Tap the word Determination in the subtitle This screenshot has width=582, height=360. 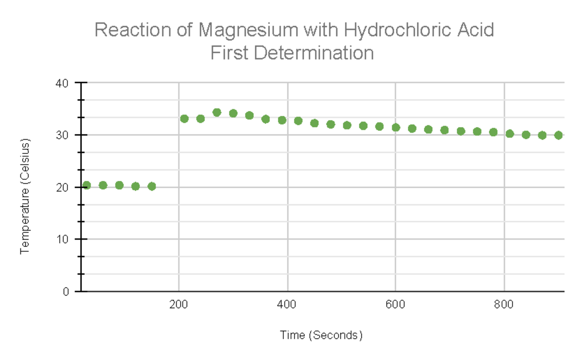(x=313, y=53)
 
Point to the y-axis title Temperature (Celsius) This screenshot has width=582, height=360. (x=25, y=196)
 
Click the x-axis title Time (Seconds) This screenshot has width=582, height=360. (x=321, y=335)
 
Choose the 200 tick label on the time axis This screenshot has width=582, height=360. (x=179, y=305)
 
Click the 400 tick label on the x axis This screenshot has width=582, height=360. (x=288, y=305)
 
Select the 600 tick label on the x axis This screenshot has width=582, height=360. (x=396, y=305)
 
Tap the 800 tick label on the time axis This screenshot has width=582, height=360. (x=504, y=305)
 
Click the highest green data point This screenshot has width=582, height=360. (x=217, y=113)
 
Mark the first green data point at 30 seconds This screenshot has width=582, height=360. (x=87, y=185)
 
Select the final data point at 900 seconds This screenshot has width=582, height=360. (x=558, y=135)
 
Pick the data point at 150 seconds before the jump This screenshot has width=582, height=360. (x=152, y=186)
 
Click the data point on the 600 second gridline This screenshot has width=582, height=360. (x=396, y=128)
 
